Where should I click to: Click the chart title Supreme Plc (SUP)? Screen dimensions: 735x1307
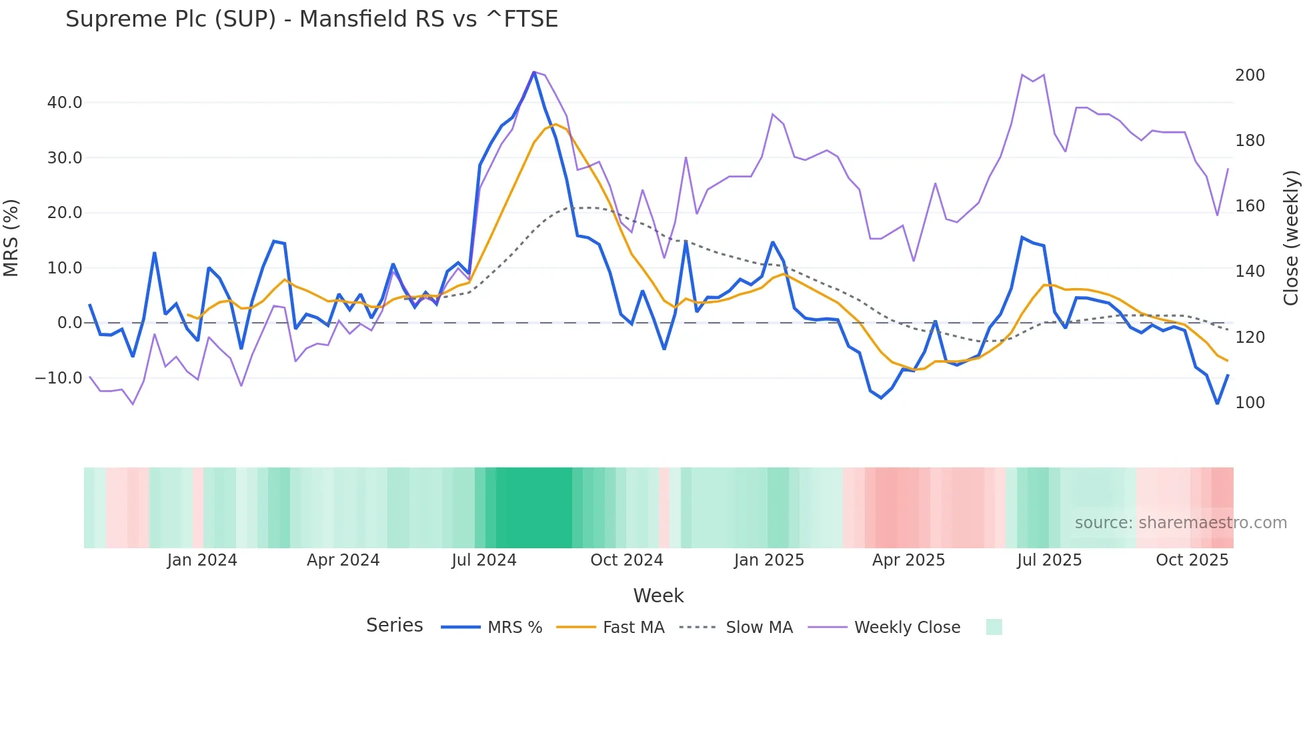(311, 19)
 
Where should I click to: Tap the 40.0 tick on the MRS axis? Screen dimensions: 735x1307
(65, 103)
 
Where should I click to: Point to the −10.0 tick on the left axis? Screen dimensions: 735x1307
(59, 378)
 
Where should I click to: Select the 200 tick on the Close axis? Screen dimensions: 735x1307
(1250, 75)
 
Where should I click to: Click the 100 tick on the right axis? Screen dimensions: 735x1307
(1250, 403)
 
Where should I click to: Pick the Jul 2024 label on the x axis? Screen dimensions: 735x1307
(484, 560)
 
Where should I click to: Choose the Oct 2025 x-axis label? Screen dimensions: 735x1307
(1192, 560)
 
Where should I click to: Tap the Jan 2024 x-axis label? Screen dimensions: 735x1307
(201, 560)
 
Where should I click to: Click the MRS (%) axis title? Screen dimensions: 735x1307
(11, 238)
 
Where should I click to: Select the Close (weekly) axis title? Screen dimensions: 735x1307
(1291, 238)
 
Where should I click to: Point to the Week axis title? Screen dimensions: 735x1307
(658, 596)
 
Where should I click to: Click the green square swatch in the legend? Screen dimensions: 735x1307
(994, 627)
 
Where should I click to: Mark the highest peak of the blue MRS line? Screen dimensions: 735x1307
(534, 72)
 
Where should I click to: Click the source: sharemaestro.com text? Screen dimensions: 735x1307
(1180, 523)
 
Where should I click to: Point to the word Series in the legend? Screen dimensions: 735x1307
(394, 626)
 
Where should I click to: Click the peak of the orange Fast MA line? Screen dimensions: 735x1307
(555, 124)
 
